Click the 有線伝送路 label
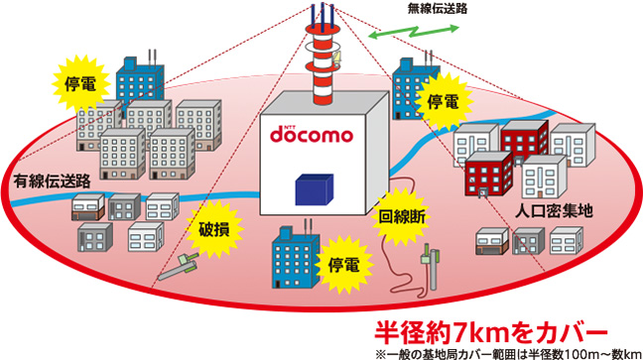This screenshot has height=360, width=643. [x=52, y=181]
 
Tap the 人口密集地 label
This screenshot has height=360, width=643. [x=554, y=210]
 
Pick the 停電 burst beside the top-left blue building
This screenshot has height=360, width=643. [x=79, y=82]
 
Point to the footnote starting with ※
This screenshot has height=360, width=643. [x=504, y=351]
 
